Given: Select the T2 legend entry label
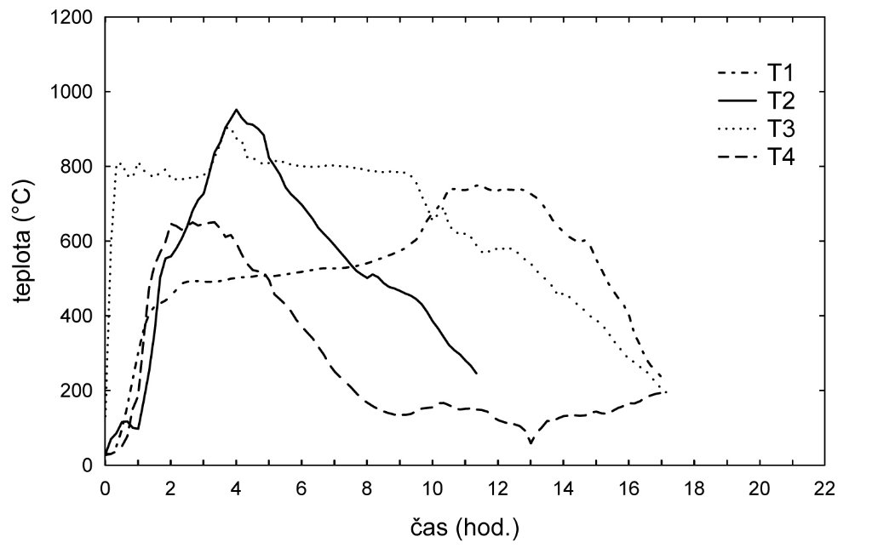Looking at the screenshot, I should tap(779, 100).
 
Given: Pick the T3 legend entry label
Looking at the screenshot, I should tap(779, 128).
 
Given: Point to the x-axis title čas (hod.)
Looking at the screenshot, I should tap(463, 527).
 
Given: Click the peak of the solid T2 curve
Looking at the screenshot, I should tap(236, 109).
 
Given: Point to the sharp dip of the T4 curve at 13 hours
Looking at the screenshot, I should tap(531, 442).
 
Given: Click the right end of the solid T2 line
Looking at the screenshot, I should tap(476, 374).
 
